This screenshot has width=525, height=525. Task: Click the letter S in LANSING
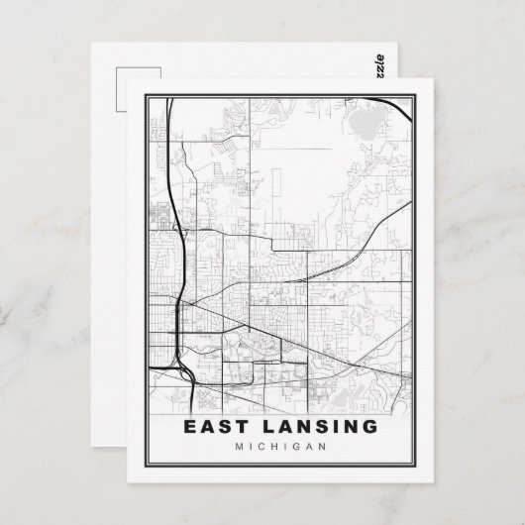pyautogui.click(x=316, y=427)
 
